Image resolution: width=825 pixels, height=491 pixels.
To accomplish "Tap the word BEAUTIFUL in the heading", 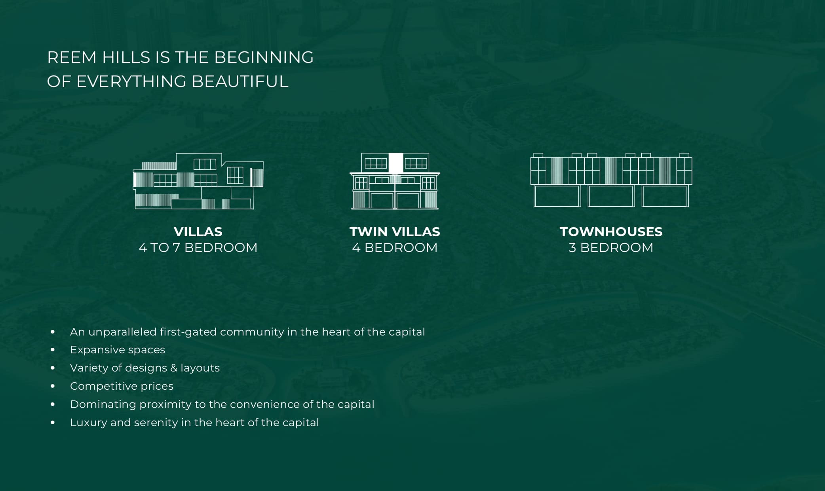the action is (240, 82).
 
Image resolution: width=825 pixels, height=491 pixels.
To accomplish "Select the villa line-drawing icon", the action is (198, 181).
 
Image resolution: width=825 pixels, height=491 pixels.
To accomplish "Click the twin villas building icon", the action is (395, 181).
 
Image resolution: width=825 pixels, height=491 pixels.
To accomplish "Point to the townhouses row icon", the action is (611, 180).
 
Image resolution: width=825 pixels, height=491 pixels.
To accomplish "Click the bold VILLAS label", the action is (198, 231).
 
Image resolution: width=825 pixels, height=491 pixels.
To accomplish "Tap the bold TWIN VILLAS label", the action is (395, 231).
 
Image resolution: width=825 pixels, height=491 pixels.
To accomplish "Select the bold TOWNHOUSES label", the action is (611, 231).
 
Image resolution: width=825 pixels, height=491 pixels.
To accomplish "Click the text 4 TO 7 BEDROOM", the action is (198, 248).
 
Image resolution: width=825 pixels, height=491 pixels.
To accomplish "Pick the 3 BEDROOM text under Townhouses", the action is (611, 248).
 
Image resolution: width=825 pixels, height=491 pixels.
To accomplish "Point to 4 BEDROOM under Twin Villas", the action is (395, 248).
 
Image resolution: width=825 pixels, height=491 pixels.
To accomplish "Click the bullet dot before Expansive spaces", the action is (53, 350).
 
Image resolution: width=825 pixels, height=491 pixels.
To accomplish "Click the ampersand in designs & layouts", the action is (173, 368).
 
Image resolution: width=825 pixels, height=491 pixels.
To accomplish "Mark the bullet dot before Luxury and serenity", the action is (53, 423).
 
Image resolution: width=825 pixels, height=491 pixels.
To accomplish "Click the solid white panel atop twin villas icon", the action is (395, 163).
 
